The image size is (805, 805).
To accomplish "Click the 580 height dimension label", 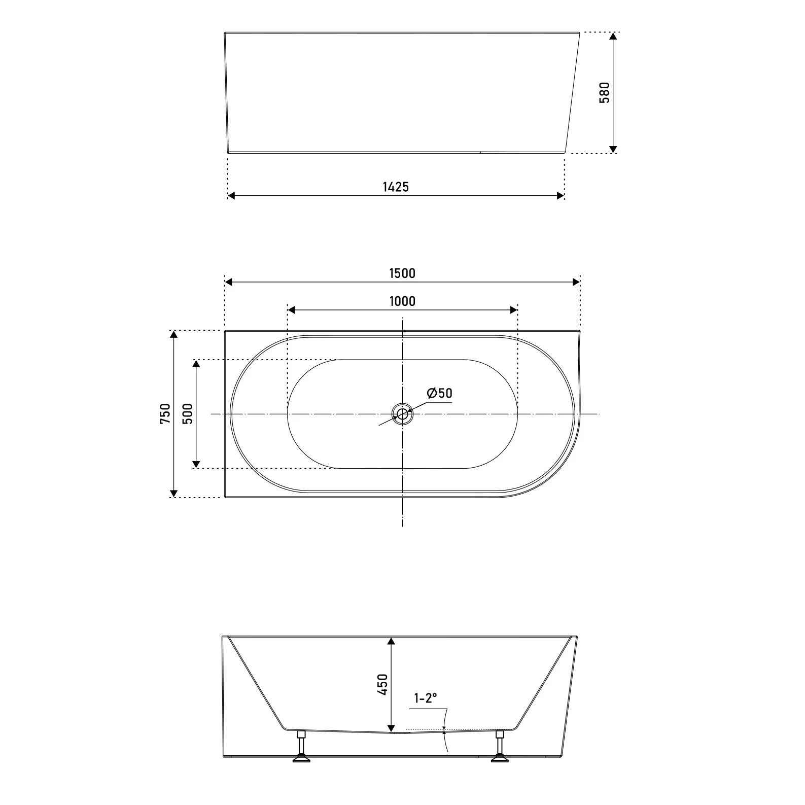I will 604,92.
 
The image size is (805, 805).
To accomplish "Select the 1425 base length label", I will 395,187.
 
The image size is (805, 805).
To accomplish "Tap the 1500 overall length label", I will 402,273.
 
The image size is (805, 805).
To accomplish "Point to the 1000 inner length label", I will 402,301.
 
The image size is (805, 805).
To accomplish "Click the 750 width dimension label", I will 165,413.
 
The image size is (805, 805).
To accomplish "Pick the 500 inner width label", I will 188,413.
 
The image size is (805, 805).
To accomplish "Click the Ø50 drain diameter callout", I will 439,393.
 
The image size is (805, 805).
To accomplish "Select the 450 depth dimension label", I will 382,684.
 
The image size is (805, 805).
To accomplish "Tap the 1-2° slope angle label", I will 425,698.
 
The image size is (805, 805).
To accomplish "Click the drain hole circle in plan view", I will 402,414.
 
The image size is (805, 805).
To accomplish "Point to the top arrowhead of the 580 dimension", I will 613,37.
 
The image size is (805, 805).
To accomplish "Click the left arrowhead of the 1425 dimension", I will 231,196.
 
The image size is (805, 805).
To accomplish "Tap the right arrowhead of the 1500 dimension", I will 576,282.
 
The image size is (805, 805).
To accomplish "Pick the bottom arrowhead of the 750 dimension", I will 174,493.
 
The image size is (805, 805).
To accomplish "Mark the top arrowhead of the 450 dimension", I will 391,641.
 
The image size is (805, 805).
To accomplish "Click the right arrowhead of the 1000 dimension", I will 513,309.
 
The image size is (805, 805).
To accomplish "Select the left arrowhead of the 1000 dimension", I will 292,309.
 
